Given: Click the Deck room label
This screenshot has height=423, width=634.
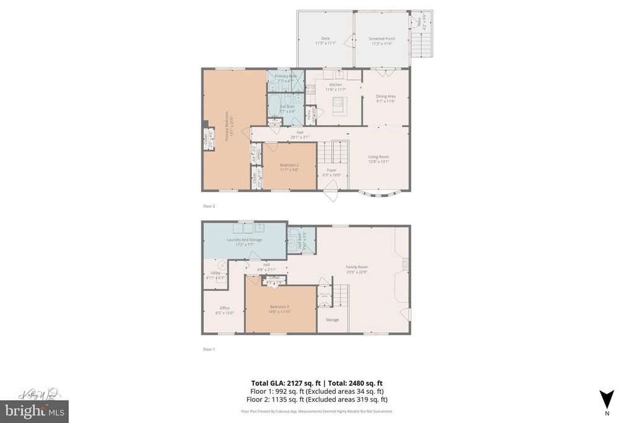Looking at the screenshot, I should point(325,38).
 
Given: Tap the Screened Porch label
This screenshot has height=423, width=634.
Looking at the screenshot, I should point(382,38).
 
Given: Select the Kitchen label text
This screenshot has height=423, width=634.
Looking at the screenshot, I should point(336,85).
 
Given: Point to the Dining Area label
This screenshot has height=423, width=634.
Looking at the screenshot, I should point(386,96).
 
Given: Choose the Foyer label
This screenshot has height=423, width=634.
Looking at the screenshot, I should point(332,170).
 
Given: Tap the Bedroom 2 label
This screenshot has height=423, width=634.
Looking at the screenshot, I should point(289,165).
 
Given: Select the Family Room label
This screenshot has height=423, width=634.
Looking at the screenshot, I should point(357,267).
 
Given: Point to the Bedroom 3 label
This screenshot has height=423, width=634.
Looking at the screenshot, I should point(279,307).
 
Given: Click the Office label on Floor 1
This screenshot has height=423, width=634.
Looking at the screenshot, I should point(225,308).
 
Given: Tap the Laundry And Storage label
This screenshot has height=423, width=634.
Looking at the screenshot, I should point(245,240).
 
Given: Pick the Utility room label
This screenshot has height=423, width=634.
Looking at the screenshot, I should point(215,273).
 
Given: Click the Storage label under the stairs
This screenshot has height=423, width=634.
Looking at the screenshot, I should point(332,320).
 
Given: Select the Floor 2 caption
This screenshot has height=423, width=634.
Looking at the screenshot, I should point(209,206).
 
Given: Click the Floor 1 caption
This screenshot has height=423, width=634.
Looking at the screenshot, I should point(209,349).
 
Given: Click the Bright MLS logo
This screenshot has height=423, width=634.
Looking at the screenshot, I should point(35,411).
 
